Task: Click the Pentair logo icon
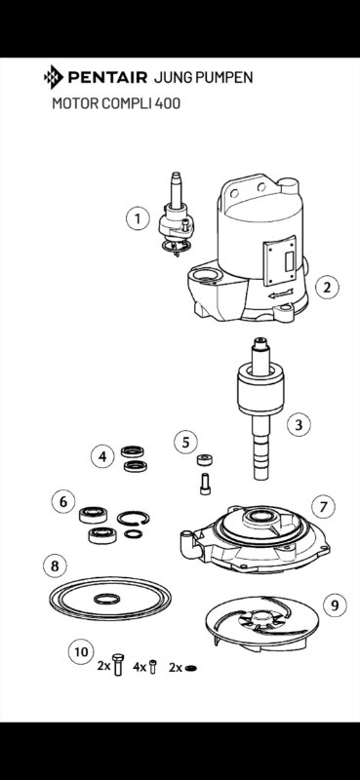pyautogui.click(x=54, y=77)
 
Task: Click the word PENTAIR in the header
pyautogui.click(x=107, y=77)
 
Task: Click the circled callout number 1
pyautogui.click(x=138, y=218)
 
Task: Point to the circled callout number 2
pyautogui.click(x=327, y=287)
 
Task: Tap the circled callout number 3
pyautogui.click(x=299, y=425)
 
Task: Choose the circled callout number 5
pyautogui.click(x=185, y=443)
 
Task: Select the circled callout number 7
pyautogui.click(x=324, y=507)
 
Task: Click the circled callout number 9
pyautogui.click(x=335, y=604)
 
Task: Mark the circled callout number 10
pyautogui.click(x=81, y=651)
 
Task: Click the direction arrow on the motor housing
pyautogui.click(x=281, y=293)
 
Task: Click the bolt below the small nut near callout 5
pyautogui.click(x=205, y=484)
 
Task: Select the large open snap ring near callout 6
pyautogui.click(x=134, y=518)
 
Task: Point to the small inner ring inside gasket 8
pyautogui.click(x=107, y=599)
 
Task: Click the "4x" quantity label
pyautogui.click(x=140, y=667)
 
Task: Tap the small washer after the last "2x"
pyautogui.click(x=190, y=668)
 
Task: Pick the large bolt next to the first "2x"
pyautogui.click(x=118, y=665)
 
